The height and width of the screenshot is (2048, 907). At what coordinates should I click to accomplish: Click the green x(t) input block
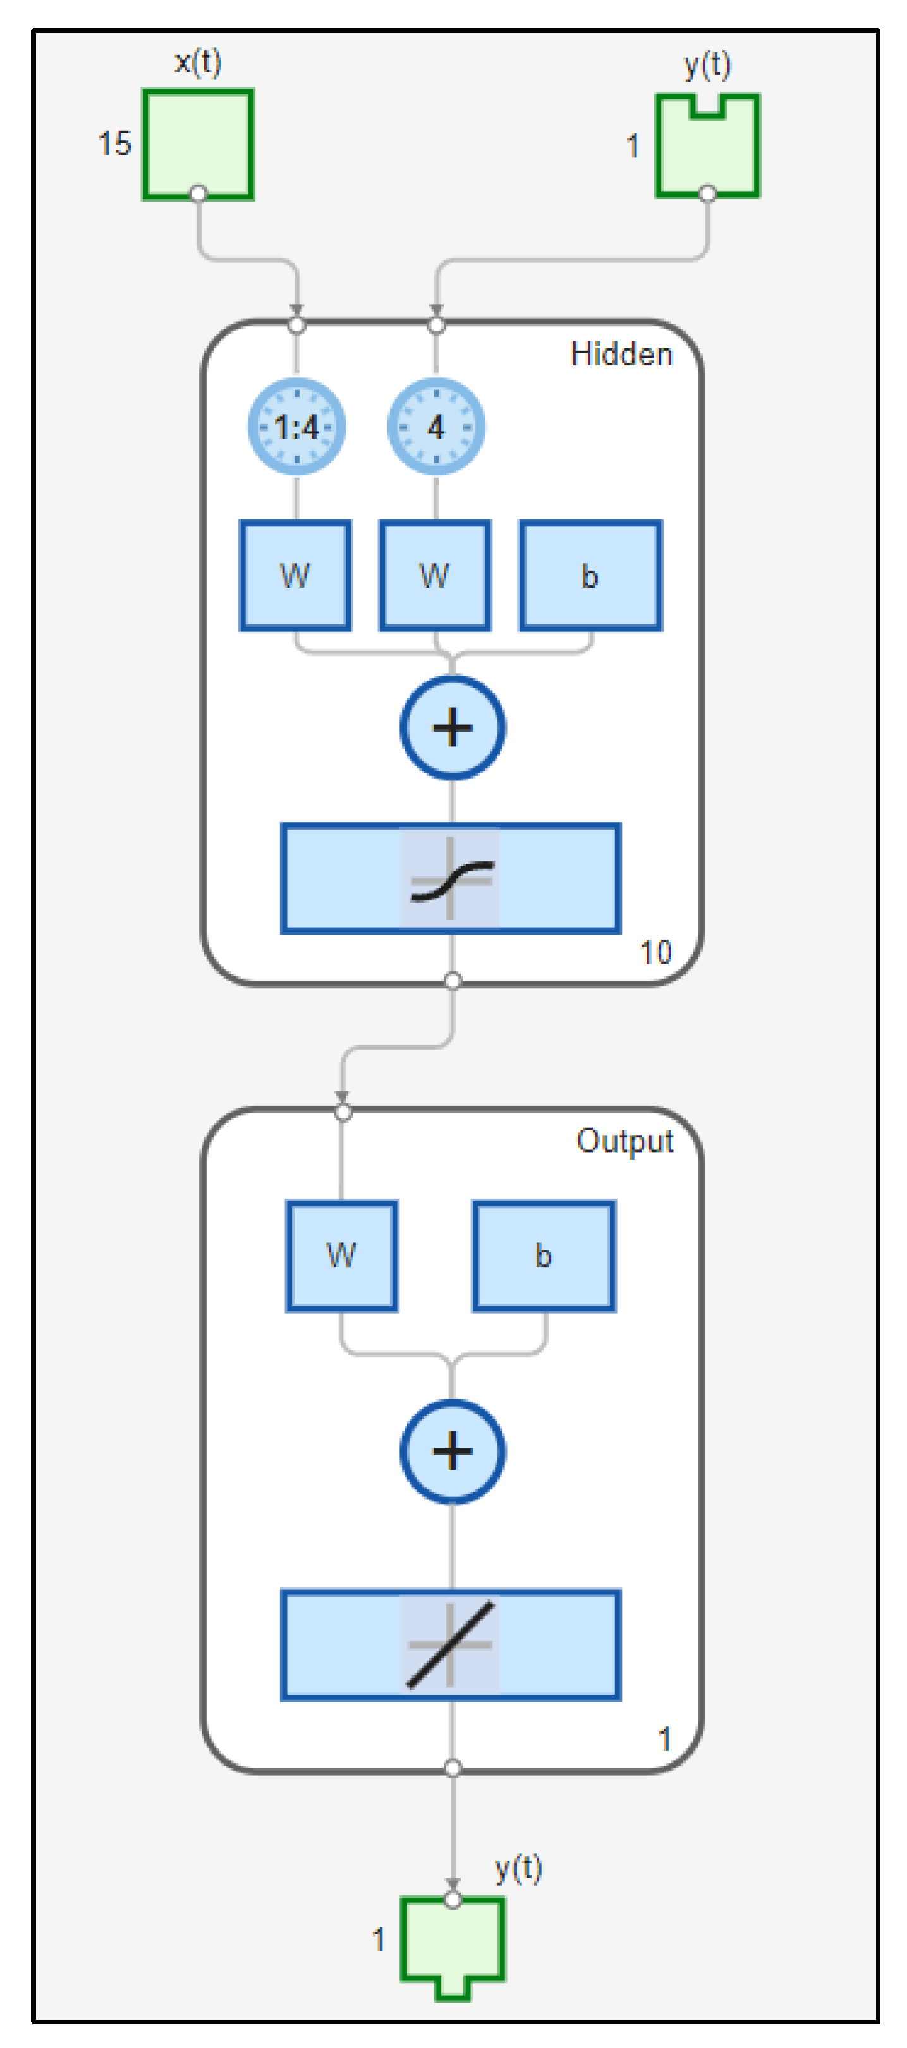[x=198, y=144]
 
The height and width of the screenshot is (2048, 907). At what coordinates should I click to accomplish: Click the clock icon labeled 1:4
[x=296, y=427]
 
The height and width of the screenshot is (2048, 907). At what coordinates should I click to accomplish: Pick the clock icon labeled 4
[x=435, y=427]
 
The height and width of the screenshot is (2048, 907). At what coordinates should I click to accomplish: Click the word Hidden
[x=621, y=354]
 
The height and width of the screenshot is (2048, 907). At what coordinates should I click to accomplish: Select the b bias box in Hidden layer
[x=590, y=576]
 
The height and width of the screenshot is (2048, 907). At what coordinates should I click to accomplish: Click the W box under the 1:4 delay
[x=295, y=576]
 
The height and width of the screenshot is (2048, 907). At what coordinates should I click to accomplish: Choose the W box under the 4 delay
[x=435, y=576]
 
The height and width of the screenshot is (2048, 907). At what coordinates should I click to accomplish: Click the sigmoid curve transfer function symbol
[x=451, y=878]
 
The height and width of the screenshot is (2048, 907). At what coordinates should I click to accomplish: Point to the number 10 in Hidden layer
[x=655, y=952]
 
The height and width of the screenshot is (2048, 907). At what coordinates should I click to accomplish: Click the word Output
[x=625, y=1141]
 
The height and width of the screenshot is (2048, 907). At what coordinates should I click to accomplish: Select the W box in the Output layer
[x=342, y=1256]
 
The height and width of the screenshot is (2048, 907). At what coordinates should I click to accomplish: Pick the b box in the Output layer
[x=544, y=1256]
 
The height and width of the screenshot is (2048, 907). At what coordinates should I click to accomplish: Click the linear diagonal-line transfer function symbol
[x=451, y=1645]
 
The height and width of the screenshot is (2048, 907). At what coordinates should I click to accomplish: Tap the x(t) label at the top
[x=198, y=62]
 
